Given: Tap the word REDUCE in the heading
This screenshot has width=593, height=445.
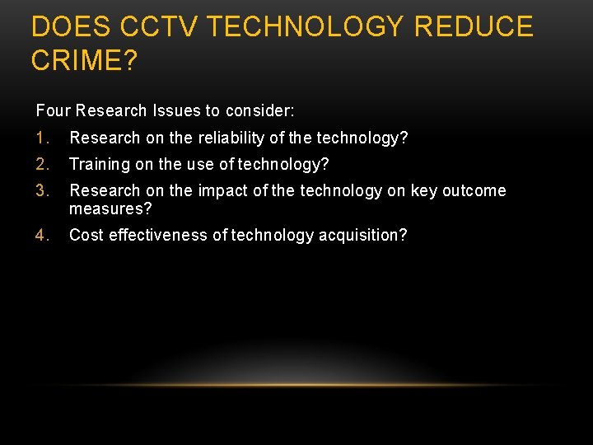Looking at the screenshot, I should tap(474, 28).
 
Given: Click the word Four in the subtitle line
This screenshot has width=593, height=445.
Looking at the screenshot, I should tap(51, 110).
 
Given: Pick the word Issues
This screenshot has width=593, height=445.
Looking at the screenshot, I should tap(184, 110).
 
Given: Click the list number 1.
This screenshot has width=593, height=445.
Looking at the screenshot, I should tap(43, 138).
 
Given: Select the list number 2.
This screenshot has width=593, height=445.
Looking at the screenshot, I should tap(43, 164).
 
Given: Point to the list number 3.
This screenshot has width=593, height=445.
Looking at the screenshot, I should tap(43, 191).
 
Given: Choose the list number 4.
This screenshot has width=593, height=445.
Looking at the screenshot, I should tap(43, 236).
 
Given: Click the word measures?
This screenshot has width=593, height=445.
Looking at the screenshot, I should tap(110, 208).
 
